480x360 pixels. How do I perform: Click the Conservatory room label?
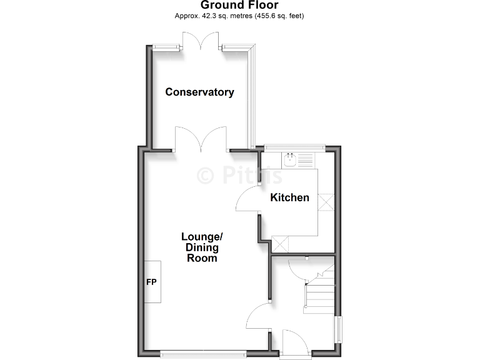(199, 92)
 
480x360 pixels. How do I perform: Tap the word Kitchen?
(289, 198)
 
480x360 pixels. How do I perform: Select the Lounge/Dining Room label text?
(202, 247)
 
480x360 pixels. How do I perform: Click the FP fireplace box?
(152, 282)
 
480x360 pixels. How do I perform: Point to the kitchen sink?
(291, 161)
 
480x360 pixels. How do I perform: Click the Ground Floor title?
(239, 6)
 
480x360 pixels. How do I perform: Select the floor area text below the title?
(239, 16)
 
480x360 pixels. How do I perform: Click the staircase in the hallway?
(319, 291)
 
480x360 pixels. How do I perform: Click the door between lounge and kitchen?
(247, 201)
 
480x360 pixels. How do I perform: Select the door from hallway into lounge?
(258, 316)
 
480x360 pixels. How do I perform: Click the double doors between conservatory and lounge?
(200, 139)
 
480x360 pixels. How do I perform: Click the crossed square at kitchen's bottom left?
(281, 244)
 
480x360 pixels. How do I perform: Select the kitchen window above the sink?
(294, 147)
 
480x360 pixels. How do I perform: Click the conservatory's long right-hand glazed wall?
(252, 97)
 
